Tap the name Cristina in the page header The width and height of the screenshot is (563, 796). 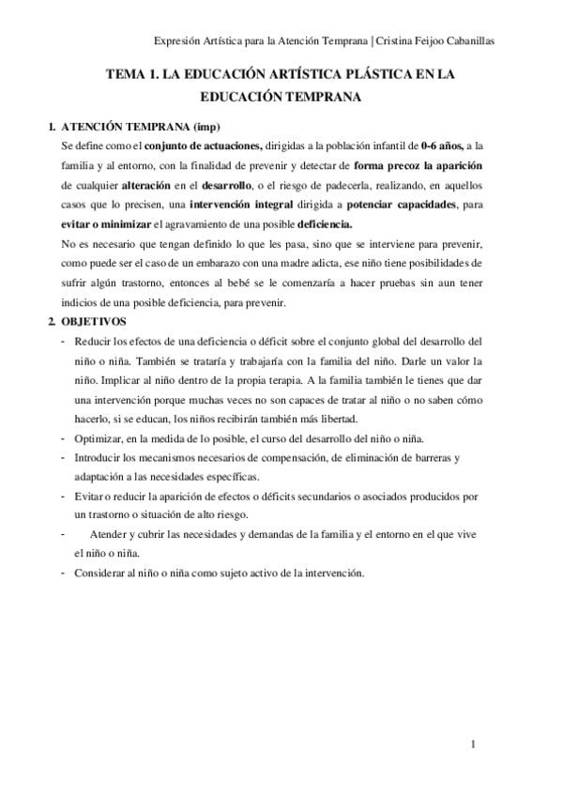398,40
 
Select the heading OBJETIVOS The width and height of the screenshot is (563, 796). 90,322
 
